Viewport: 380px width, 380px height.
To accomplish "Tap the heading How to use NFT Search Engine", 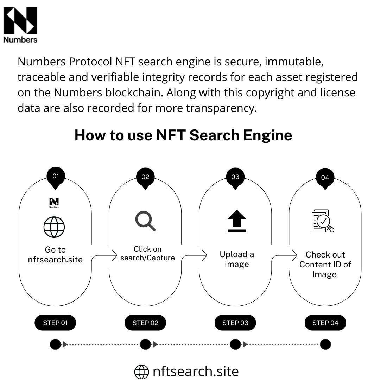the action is [x=183, y=135].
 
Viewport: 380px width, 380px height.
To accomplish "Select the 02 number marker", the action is [x=145, y=177].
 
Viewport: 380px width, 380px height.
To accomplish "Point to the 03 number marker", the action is [x=235, y=177].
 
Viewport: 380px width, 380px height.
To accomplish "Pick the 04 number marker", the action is [x=325, y=178].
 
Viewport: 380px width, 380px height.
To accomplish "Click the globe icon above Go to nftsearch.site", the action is [x=54, y=227].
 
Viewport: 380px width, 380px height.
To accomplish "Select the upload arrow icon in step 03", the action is [x=236, y=221].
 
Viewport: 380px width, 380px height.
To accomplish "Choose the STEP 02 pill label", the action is [x=145, y=323].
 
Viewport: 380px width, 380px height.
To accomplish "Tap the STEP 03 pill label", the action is [x=235, y=323].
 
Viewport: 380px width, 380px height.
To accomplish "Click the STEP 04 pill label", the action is [x=325, y=323].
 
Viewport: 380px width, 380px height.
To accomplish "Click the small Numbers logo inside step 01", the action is [x=54, y=203].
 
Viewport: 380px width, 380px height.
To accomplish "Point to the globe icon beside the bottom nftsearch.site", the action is [x=142, y=372].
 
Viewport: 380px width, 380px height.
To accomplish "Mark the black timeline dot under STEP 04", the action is [x=325, y=344].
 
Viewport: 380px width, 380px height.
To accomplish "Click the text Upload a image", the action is [x=236, y=259].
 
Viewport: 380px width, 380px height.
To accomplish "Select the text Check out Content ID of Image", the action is [x=325, y=265].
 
